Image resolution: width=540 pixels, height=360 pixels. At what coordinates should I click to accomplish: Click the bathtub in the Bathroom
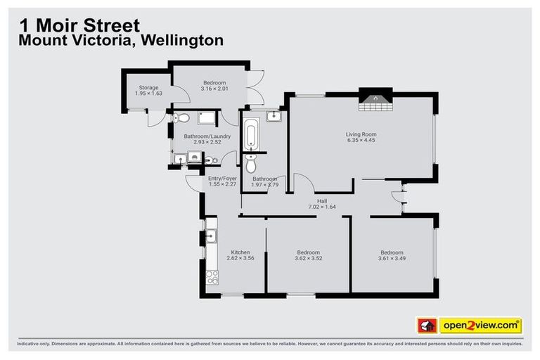[x=252, y=134]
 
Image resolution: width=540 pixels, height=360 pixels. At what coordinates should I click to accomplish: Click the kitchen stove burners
[x=211, y=278]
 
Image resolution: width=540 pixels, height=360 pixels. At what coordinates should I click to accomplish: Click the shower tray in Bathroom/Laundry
[x=208, y=117]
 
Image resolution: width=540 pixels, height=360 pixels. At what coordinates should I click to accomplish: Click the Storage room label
[x=148, y=88]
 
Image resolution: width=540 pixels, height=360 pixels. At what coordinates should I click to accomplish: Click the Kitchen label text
[x=240, y=252]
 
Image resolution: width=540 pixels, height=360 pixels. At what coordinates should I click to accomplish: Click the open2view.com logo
[x=480, y=326]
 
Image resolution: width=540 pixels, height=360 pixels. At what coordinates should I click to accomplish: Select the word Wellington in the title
[x=182, y=40]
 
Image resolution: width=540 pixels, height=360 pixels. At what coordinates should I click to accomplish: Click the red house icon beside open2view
[x=426, y=326]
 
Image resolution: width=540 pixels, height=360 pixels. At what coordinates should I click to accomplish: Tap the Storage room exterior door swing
[x=153, y=120]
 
